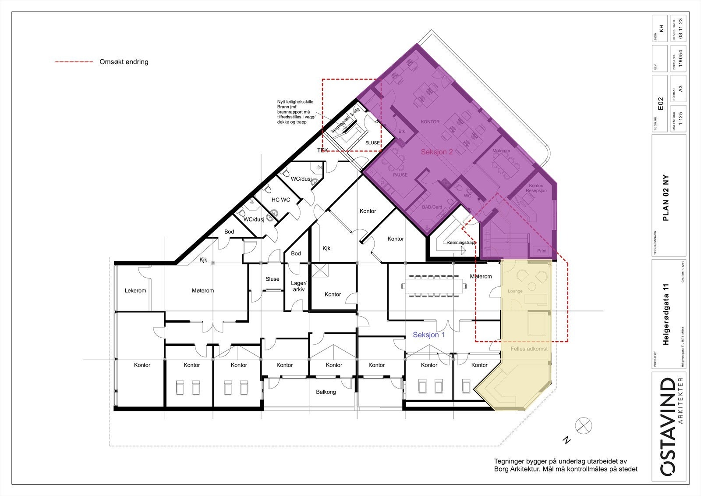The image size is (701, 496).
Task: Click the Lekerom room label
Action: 135,290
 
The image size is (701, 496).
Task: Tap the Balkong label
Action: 326,392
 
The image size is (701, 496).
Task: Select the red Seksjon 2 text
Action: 436,152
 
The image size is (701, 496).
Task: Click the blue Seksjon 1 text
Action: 428,335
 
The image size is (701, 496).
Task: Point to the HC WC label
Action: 280,200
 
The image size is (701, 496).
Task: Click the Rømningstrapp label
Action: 460,243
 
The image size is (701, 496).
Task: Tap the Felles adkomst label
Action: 529,349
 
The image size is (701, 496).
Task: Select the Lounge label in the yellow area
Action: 515,291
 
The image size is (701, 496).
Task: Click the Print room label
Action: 542,251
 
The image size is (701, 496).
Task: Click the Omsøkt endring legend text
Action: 124,62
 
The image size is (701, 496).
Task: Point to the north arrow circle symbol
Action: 584,425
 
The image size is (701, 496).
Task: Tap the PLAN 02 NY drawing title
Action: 666,198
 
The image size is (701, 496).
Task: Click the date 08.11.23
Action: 680,29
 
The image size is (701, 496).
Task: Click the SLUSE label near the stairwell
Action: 372,143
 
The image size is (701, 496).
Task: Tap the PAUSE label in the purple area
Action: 400,175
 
